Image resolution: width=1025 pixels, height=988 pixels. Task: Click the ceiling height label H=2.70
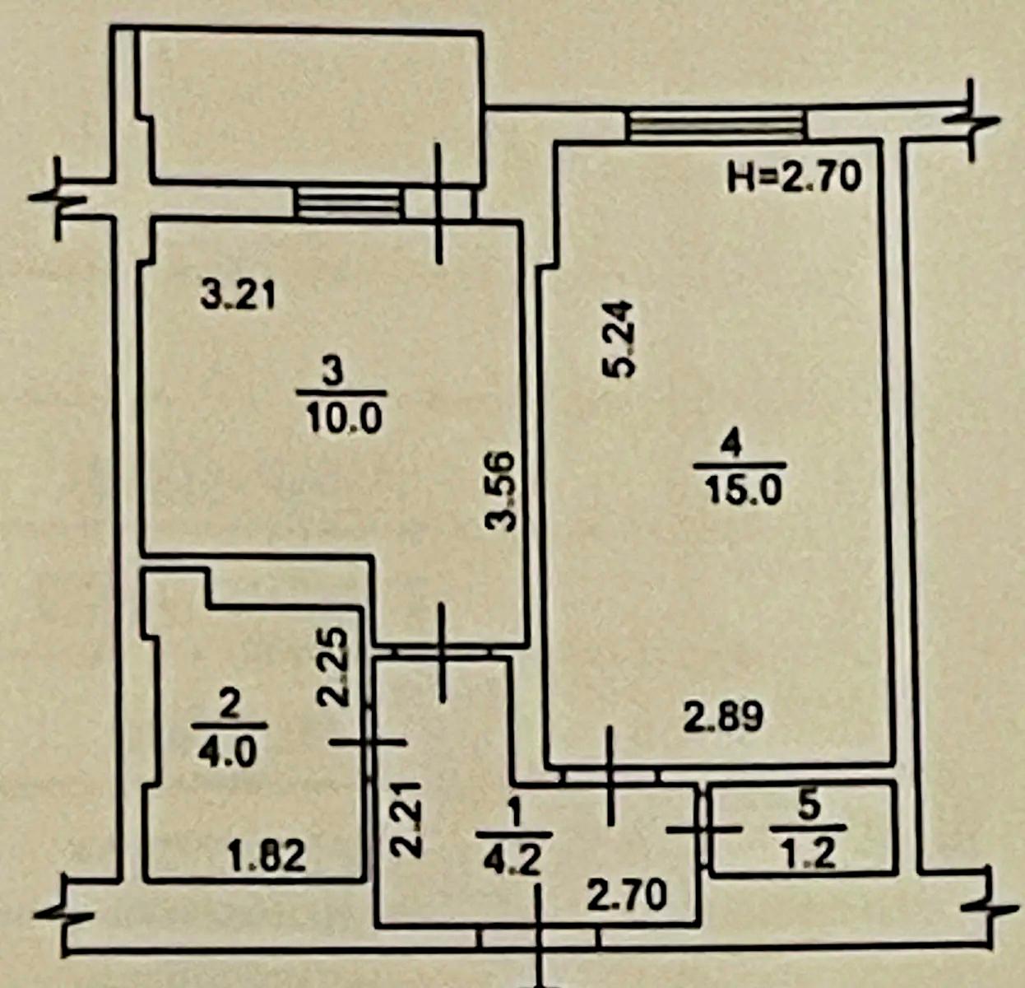point(794,176)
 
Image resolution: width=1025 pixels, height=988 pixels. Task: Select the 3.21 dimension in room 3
point(238,295)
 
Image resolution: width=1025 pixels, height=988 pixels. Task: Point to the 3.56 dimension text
point(501,491)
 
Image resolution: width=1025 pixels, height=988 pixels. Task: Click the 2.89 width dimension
point(724,717)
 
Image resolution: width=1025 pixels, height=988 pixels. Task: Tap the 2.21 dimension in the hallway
point(406,819)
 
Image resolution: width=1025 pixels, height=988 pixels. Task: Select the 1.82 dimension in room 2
point(267,855)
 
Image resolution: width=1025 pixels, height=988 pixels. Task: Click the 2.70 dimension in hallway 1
point(626,895)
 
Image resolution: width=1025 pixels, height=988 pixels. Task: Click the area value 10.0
point(345,420)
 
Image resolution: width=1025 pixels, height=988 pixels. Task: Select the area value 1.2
point(810,853)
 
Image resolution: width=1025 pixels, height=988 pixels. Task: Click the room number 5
point(809,807)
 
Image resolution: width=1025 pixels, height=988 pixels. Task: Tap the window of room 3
point(349,203)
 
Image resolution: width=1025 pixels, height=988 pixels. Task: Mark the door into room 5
point(704,828)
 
